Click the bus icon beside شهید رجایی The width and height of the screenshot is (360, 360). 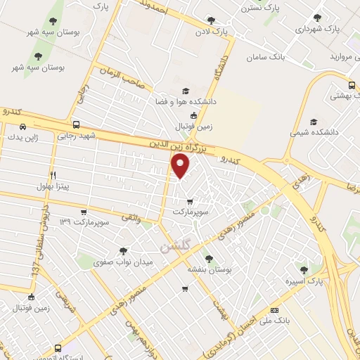[x=86, y=124]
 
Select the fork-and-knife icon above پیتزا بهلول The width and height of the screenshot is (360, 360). [x=53, y=175]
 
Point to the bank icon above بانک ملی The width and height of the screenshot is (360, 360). [x=274, y=310]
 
